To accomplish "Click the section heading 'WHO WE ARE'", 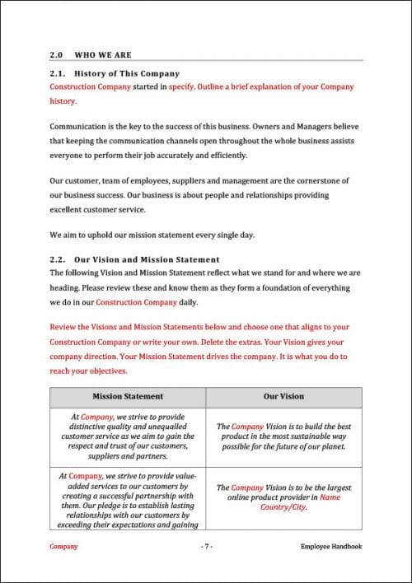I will pos(103,55).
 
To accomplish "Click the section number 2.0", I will pos(57,55).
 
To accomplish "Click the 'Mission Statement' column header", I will pos(128,396).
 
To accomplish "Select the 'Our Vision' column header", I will pos(283,396).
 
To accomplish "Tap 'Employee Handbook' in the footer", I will pos(331,546).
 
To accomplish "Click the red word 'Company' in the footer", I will pos(64,546).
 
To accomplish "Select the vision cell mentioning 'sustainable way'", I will pos(283,436).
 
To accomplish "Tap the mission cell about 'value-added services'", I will pos(128,497).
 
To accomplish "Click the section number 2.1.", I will pos(57,73).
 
